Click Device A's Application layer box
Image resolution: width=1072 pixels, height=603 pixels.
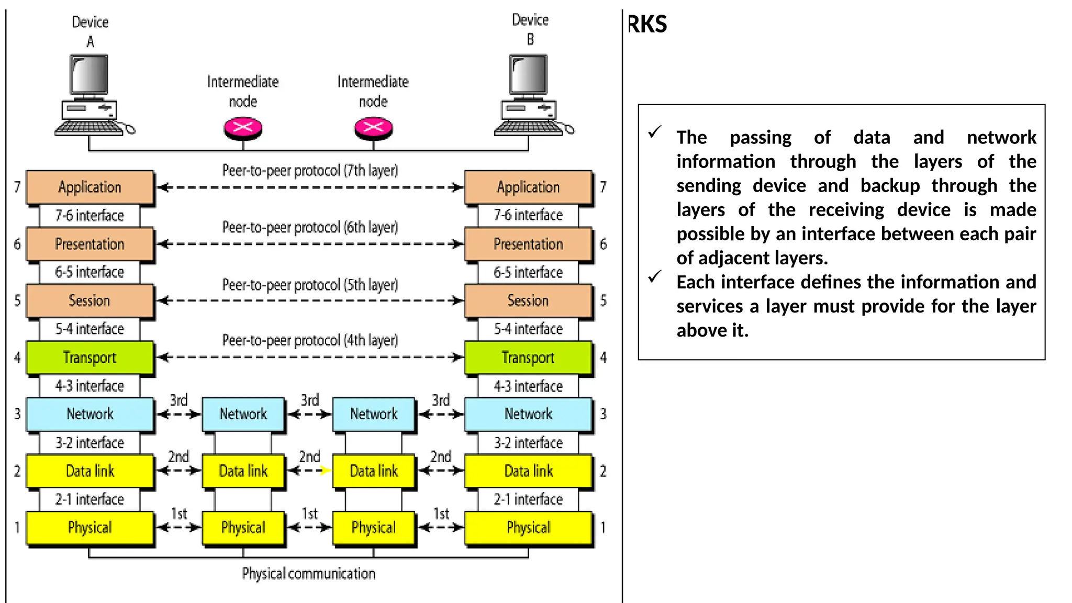point(90,187)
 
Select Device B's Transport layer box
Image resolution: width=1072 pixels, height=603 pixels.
point(528,358)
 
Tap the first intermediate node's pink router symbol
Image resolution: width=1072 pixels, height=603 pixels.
point(243,128)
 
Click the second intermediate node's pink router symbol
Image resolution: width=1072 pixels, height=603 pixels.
point(373,128)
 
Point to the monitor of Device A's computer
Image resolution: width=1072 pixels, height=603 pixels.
point(90,75)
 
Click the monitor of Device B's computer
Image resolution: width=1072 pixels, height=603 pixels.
point(529,75)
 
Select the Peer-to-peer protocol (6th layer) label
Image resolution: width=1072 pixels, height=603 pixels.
point(310,228)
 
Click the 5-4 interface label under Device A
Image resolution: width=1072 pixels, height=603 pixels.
point(90,329)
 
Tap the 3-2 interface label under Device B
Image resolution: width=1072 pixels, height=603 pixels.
point(528,443)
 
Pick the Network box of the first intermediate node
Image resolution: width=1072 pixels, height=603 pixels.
point(243,414)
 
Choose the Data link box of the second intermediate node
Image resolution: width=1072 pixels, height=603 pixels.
point(374,471)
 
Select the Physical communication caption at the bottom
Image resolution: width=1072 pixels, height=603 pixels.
point(309,574)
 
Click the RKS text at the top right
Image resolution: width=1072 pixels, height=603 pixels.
point(647,25)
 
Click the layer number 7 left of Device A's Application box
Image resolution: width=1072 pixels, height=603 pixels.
point(17,187)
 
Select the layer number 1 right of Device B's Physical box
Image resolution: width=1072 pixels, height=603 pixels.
point(603,528)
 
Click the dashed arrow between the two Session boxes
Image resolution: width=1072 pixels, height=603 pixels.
point(310,300)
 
